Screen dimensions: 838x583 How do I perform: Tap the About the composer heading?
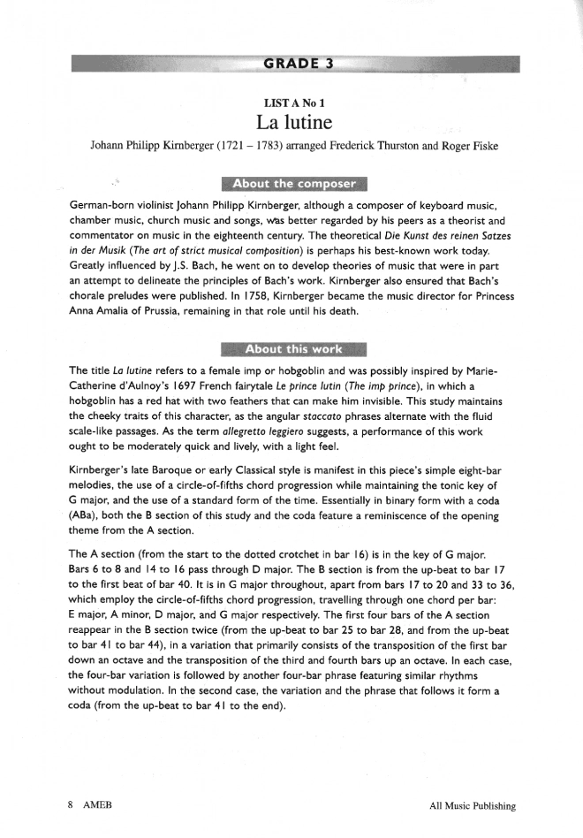coord(294,184)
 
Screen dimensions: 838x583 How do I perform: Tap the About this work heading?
coord(294,349)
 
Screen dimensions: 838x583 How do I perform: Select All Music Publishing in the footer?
coord(472,805)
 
